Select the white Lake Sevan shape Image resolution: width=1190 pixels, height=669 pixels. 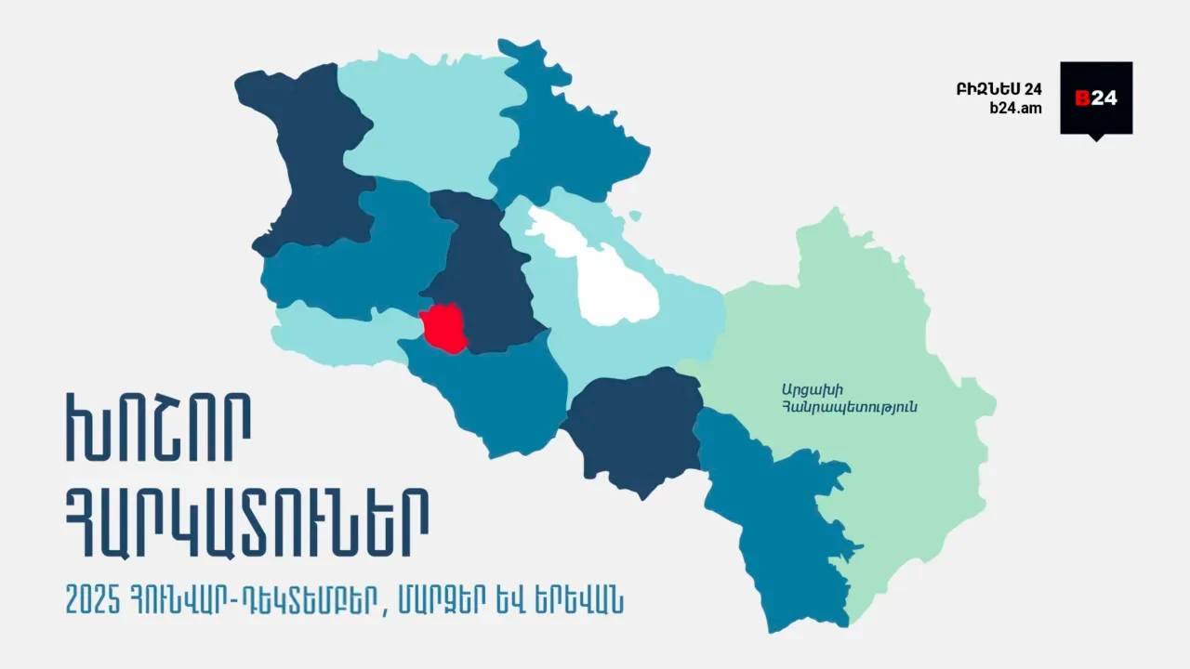[x=604, y=279]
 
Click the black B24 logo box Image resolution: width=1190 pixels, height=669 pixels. [x=1096, y=98]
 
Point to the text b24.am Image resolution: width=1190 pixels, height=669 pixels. [x=1015, y=108]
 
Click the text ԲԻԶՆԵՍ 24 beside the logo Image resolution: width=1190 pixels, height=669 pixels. [x=998, y=89]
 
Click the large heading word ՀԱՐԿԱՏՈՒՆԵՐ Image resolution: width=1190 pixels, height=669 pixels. [x=246, y=523]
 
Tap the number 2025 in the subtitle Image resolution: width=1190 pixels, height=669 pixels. [x=94, y=599]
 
